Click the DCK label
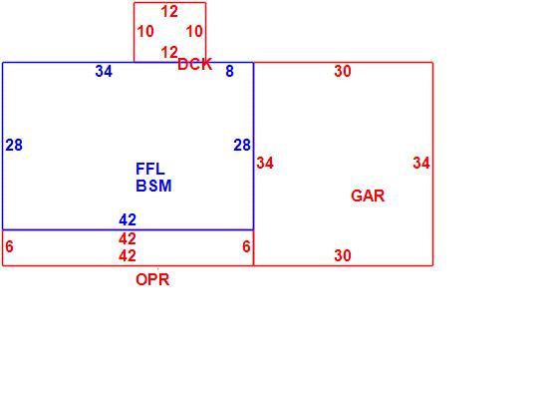[x=194, y=65]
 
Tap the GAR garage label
[x=368, y=196]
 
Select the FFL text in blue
[x=150, y=169]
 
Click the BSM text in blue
[x=153, y=186]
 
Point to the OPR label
[x=152, y=280]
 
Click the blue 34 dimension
[x=104, y=72]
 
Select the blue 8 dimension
[x=229, y=71]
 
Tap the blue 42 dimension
[x=128, y=220]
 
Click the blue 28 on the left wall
[x=14, y=145]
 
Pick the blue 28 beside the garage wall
[x=242, y=145]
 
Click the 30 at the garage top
[x=343, y=71]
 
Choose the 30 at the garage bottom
[x=343, y=255]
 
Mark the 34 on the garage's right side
[x=421, y=163]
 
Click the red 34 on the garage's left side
[x=265, y=163]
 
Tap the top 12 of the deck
[x=169, y=12]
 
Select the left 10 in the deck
[x=145, y=32]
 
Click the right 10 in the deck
[x=194, y=32]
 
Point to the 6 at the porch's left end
[x=9, y=246]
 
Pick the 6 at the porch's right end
[x=246, y=246]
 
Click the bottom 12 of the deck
[x=169, y=53]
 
